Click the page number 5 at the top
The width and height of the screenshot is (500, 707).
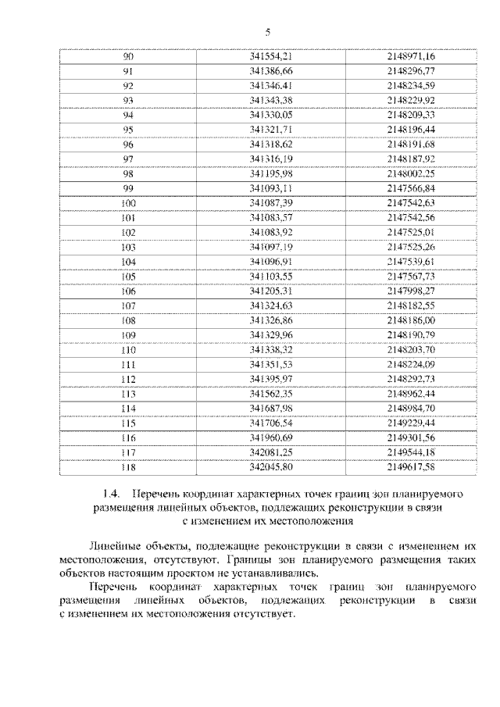pyautogui.click(x=266, y=32)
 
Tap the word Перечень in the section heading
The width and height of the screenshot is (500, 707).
pyautogui.click(x=157, y=495)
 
